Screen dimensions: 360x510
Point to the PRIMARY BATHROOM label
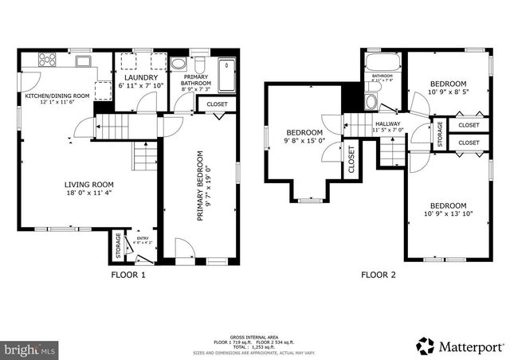coord(194,80)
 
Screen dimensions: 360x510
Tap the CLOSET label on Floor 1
coord(217,104)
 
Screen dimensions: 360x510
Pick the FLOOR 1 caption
coord(127,276)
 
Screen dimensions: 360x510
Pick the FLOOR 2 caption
coord(379,276)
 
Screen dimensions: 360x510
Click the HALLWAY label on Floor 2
coord(388,124)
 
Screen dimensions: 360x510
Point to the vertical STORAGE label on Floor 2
coord(439,132)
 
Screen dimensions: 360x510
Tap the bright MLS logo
coord(30,350)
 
